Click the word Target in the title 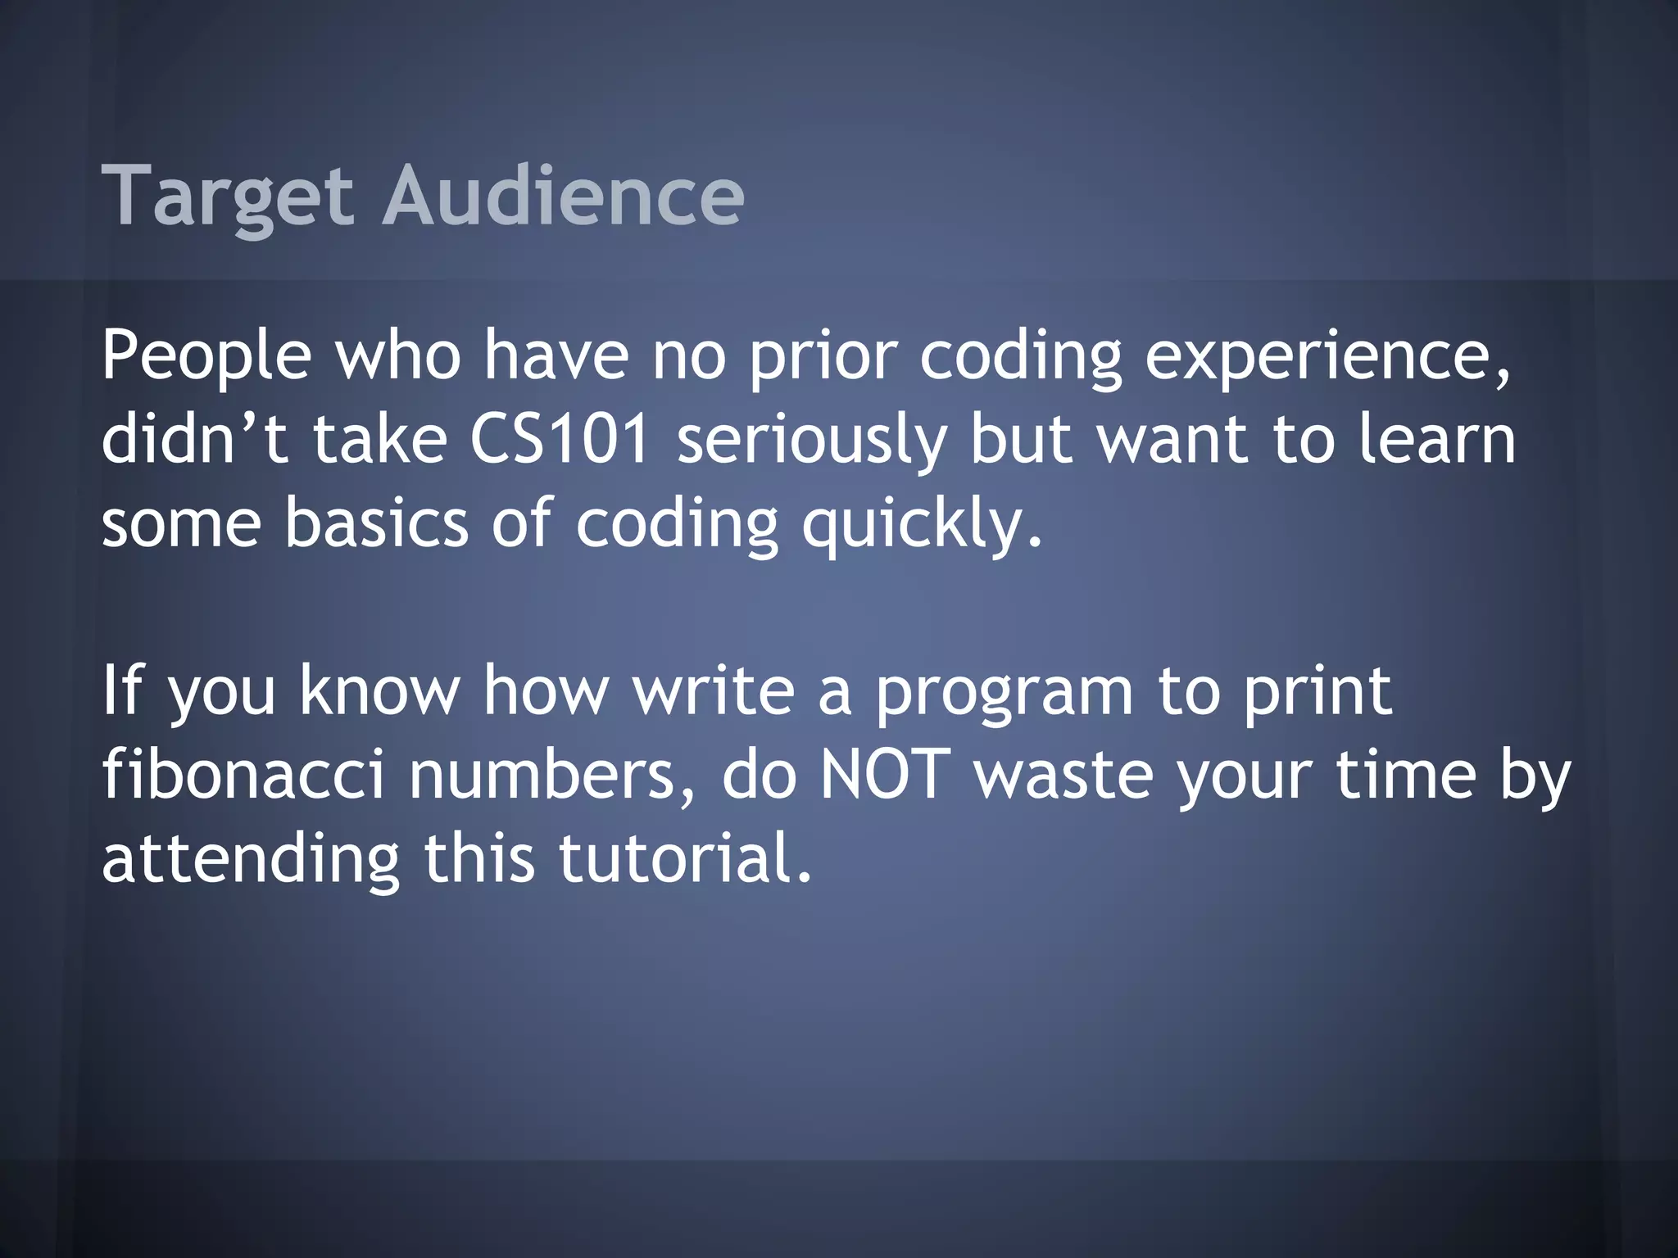(x=227, y=197)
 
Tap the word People (x=206, y=355)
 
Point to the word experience (x=1327, y=355)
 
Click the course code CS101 (x=560, y=439)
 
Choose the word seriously (x=811, y=441)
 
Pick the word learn (x=1436, y=439)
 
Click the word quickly (x=922, y=524)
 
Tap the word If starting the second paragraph (x=122, y=690)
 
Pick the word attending (x=251, y=860)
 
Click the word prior (x=823, y=357)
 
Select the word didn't (x=194, y=439)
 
